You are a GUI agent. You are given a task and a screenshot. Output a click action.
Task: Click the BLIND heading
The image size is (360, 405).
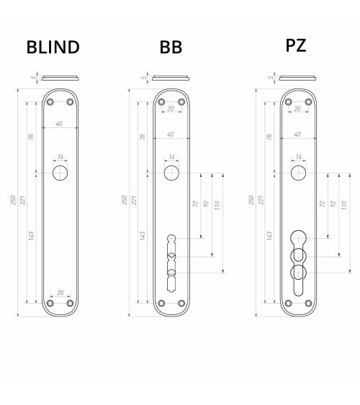tap(53, 47)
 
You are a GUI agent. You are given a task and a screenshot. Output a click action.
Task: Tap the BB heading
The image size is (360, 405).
tap(171, 47)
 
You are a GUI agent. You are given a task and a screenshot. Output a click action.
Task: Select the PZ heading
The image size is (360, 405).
tap(296, 45)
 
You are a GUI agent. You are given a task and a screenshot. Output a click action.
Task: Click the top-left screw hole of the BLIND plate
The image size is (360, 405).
tap(50, 102)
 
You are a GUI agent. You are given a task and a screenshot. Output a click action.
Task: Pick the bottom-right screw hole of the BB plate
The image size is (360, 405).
tap(181, 304)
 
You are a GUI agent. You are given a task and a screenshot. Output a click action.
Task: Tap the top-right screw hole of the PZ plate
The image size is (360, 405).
tap(308, 102)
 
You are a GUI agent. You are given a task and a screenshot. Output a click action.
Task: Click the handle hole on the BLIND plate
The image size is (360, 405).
tap(60, 173)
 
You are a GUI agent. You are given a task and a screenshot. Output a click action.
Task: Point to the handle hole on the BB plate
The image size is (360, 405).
tap(171, 173)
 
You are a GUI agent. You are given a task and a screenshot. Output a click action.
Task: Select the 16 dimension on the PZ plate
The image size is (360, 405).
tap(299, 157)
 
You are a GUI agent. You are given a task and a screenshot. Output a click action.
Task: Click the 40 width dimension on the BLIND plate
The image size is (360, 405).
tap(59, 124)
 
